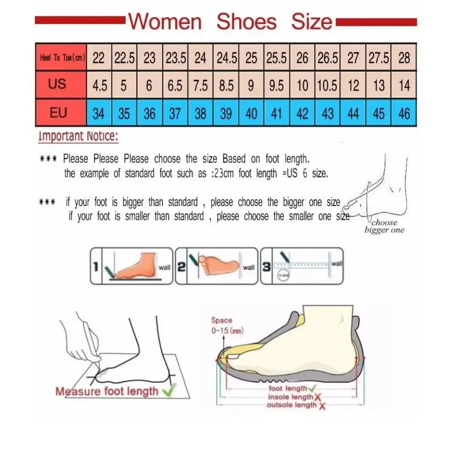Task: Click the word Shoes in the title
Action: click(x=247, y=22)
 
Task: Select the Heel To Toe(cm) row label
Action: click(x=61, y=58)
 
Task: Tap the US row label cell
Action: click(x=57, y=84)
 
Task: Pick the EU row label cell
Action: click(x=58, y=113)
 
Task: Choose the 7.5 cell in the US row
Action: click(x=201, y=86)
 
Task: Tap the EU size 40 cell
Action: click(x=251, y=113)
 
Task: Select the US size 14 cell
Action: click(x=404, y=86)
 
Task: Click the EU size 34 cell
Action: click(x=98, y=113)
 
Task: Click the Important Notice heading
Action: click(x=78, y=136)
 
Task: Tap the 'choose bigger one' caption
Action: click(x=384, y=226)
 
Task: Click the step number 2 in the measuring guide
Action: click(x=181, y=266)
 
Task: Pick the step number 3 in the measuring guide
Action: click(x=266, y=266)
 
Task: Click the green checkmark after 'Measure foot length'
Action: click(x=169, y=392)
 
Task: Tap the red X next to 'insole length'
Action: click(x=318, y=397)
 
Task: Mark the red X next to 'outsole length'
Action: click(x=322, y=405)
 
